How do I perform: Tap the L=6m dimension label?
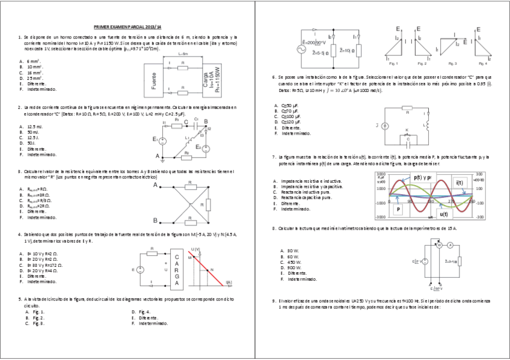[x=183, y=54]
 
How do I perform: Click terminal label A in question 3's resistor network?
[x=155, y=186]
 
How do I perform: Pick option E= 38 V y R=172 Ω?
[x=42, y=265]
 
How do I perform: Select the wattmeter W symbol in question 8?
[x=438, y=245]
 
